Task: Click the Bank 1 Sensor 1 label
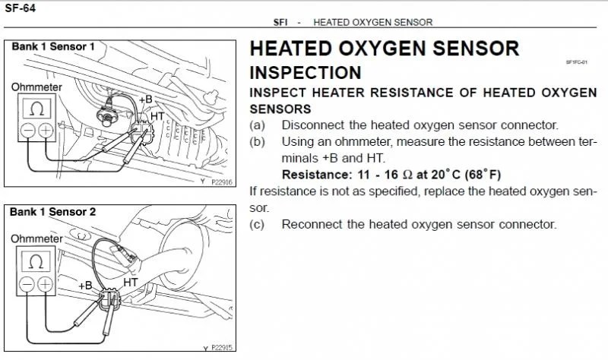click(52, 47)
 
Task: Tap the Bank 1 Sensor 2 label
click(52, 212)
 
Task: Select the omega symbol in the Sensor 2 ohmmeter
click(36, 261)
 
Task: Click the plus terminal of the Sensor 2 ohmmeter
click(45, 284)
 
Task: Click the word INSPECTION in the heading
click(306, 73)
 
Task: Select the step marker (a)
click(257, 125)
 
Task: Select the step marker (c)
click(257, 224)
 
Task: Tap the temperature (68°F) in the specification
click(480, 175)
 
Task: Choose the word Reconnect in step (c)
click(311, 224)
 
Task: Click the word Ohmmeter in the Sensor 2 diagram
click(36, 238)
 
